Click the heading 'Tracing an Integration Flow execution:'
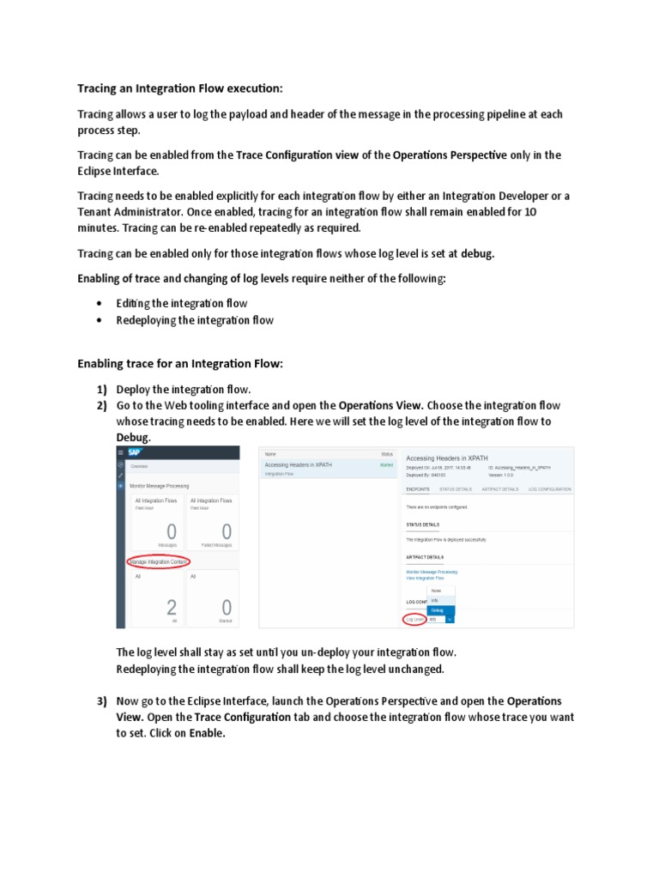coord(180,88)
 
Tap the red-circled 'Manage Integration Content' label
coord(158,561)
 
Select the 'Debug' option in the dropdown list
coord(438,609)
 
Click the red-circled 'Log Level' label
coord(414,619)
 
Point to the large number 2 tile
coord(172,608)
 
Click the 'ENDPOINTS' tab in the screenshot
coord(418,488)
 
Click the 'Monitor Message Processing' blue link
coord(432,571)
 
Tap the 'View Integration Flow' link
coord(425,578)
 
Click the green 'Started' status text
coord(386,464)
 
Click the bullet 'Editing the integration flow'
coord(182,303)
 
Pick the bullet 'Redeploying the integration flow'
coord(195,320)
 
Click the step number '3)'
coord(102,701)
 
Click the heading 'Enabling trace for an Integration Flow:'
coord(180,364)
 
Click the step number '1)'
coord(102,389)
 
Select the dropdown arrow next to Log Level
coord(450,619)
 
